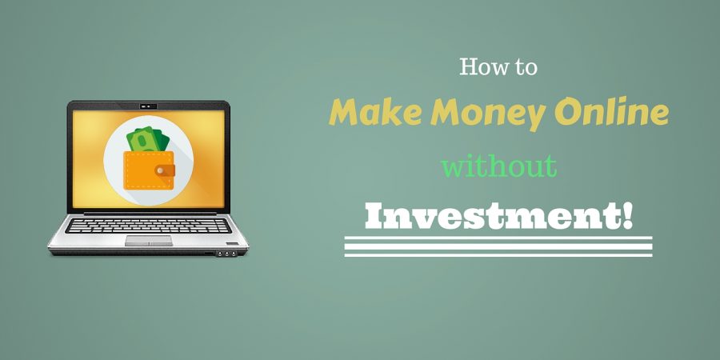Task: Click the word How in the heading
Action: pos(482,67)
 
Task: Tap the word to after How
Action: pos(525,68)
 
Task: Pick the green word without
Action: pos(499,166)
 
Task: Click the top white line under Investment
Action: pos(498,238)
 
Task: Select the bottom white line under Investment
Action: pos(498,254)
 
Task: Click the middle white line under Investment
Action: pos(498,246)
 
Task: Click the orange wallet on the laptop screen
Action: pos(149,170)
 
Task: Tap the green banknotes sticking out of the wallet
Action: pos(148,139)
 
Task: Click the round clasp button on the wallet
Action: pos(160,171)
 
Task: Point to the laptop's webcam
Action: pos(148,106)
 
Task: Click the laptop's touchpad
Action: pos(149,241)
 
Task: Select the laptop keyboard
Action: pos(148,226)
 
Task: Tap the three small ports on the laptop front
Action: pos(226,254)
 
